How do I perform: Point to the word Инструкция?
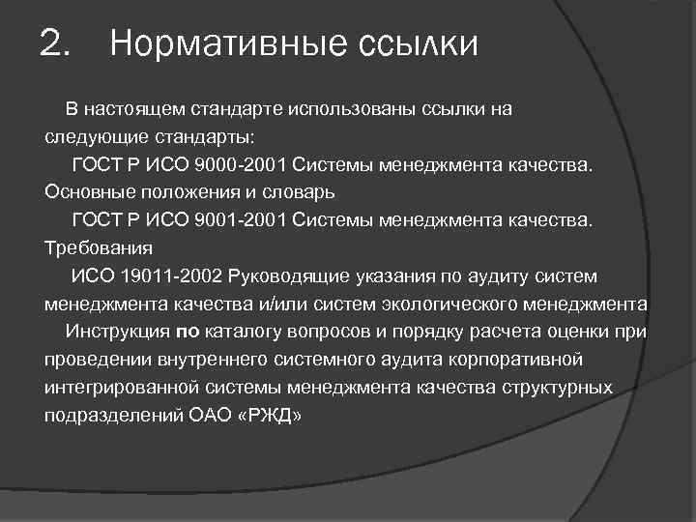click(x=117, y=332)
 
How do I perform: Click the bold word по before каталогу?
click(x=187, y=332)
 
